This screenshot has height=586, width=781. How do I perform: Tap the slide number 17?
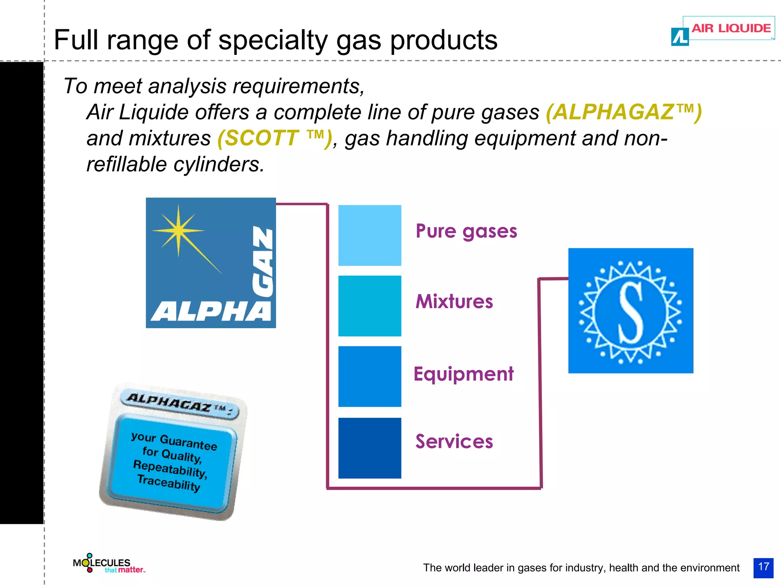[763, 567]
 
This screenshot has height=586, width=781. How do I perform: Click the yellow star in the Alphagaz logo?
[178, 230]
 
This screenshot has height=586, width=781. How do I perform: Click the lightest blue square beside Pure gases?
[370, 235]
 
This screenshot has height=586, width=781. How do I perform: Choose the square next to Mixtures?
[370, 306]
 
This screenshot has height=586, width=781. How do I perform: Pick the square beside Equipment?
[370, 377]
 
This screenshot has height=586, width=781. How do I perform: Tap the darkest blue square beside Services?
[370, 448]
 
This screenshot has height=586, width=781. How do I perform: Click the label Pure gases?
[466, 231]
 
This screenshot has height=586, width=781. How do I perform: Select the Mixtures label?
[454, 301]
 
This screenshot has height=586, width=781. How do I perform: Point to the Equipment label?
[464, 374]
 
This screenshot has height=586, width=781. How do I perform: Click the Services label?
[454, 442]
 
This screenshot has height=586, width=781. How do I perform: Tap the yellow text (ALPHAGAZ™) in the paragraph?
[624, 112]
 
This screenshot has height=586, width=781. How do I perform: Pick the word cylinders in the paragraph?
[219, 164]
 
